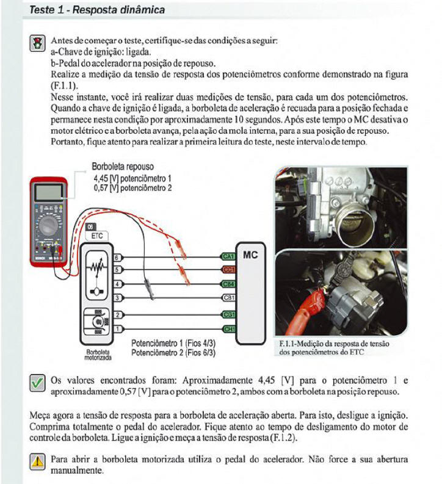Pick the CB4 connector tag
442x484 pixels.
(x=230, y=284)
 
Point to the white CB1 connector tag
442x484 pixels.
(x=230, y=298)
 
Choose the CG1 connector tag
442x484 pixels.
(x=230, y=315)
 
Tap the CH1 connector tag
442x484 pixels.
(x=230, y=330)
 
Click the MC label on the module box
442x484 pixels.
(x=250, y=255)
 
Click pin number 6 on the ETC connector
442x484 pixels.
(x=117, y=258)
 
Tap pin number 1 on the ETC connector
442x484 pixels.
(x=117, y=330)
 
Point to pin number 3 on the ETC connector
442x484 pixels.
(x=117, y=298)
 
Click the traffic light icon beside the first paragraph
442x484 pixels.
(x=37, y=44)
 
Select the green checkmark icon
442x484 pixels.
(x=37, y=383)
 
